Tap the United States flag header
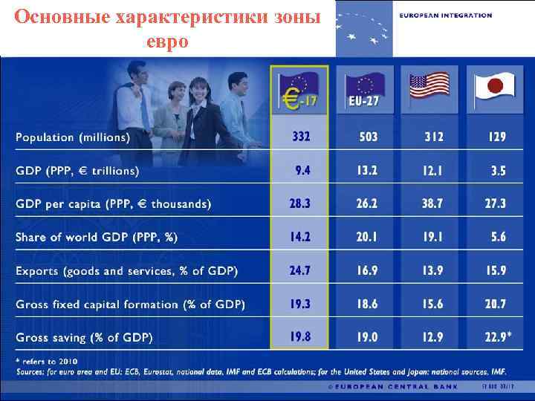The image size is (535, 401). coord(429,88)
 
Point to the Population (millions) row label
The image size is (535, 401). coord(73,137)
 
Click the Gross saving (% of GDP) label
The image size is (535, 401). coord(84,337)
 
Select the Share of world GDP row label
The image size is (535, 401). coord(97,238)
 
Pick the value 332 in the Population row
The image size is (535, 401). coord(301,137)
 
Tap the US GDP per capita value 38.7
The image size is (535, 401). coord(433,203)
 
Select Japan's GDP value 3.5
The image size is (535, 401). coord(498,171)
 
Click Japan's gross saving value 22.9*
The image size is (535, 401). coord(495,337)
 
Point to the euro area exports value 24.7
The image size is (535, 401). coord(300,271)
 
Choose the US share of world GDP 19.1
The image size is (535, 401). coord(433,238)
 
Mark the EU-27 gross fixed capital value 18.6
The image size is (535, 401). coord(366,304)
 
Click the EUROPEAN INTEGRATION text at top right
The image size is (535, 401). coord(445,15)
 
